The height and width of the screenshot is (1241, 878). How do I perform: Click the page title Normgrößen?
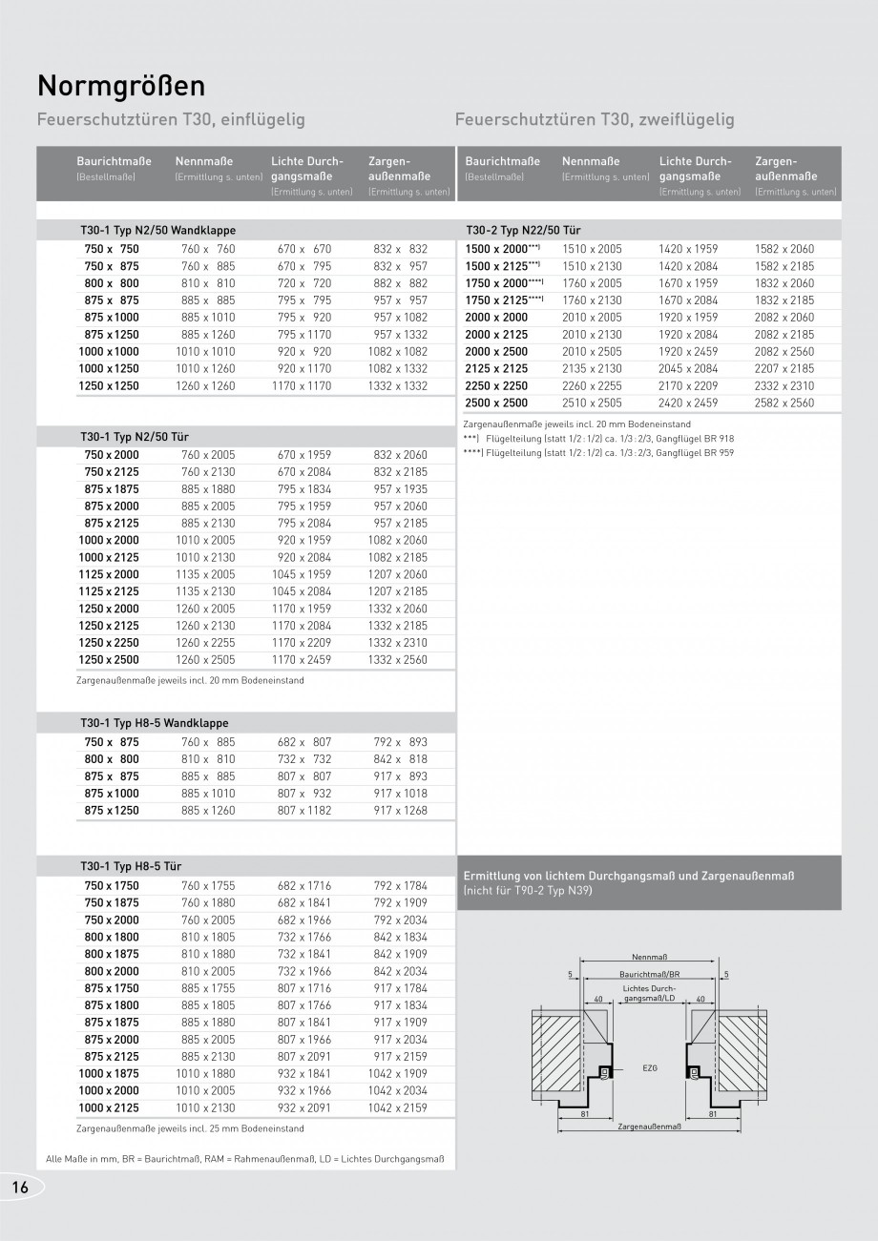pyautogui.click(x=121, y=86)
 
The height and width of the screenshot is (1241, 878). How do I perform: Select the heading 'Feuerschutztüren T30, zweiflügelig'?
pyautogui.click(x=595, y=120)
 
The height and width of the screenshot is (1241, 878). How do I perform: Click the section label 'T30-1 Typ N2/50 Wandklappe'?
pyautogui.click(x=158, y=231)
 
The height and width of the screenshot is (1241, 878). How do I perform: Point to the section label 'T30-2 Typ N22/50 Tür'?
pyautogui.click(x=523, y=231)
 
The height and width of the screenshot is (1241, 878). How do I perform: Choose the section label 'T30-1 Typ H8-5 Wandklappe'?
pyautogui.click(x=155, y=724)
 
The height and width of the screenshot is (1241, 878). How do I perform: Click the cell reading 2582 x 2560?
pyautogui.click(x=784, y=403)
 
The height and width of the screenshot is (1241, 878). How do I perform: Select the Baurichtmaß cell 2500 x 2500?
pyautogui.click(x=496, y=403)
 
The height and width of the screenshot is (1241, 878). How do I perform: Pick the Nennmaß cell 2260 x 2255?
pyautogui.click(x=592, y=386)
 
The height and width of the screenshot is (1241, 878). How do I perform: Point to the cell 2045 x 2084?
pyautogui.click(x=687, y=369)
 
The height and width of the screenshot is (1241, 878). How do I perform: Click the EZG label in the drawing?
pyautogui.click(x=651, y=1069)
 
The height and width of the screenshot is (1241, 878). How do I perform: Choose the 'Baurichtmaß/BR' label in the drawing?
pyautogui.click(x=649, y=974)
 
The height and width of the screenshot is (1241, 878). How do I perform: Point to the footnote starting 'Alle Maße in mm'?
pyautogui.click(x=245, y=1159)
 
